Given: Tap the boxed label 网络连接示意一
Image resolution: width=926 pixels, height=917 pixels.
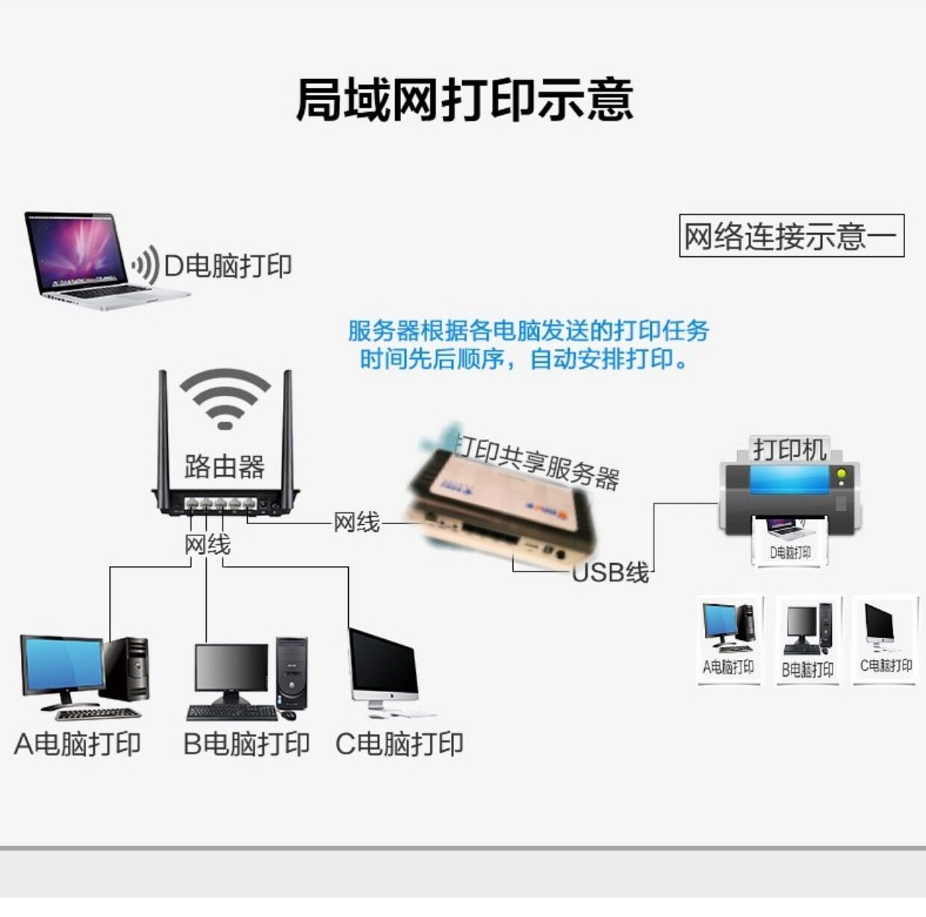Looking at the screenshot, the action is (791, 236).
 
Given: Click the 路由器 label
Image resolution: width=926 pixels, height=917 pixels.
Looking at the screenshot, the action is (224, 467).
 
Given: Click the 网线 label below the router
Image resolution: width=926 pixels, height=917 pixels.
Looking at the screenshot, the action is (207, 545).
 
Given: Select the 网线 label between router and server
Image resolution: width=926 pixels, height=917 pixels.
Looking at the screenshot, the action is (356, 523).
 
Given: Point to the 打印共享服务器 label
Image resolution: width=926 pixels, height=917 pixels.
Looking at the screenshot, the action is (538, 460).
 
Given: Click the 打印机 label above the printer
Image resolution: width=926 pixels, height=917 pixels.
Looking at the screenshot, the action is (789, 450).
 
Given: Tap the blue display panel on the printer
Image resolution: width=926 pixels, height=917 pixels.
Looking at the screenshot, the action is (790, 479).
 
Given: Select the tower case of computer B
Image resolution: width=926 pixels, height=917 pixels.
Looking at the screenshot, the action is (291, 672).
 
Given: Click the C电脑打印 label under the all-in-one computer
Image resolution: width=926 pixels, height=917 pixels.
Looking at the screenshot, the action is (400, 744).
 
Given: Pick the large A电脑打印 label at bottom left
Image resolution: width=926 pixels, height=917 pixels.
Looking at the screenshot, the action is (78, 744).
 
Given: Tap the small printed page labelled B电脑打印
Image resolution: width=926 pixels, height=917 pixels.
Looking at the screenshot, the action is (808, 640).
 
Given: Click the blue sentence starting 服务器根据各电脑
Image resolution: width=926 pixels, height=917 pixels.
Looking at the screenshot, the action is (529, 331).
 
